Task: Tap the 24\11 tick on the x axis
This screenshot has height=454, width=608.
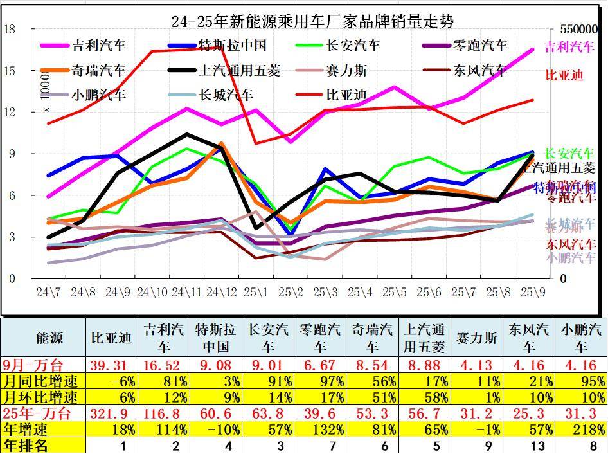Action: coord(186,292)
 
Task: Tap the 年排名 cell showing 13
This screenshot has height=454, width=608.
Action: coord(528,445)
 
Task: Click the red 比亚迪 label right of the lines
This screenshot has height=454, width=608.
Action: coord(564,75)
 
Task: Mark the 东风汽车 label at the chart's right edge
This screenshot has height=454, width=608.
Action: coord(570,244)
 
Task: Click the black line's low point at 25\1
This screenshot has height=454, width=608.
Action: coord(256,228)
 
